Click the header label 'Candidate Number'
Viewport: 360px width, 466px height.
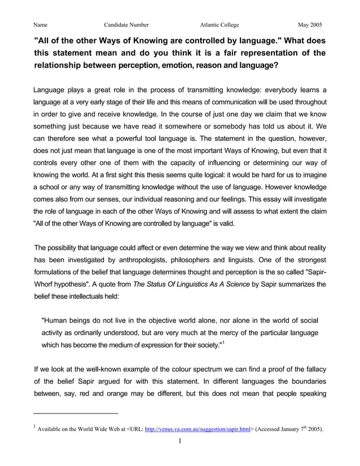(x=126, y=25)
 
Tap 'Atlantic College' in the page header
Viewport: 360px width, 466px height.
(x=219, y=25)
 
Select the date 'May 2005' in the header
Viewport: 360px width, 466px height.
(x=310, y=25)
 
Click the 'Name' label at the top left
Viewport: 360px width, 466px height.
(x=40, y=25)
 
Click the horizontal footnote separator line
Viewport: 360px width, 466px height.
(x=76, y=413)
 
